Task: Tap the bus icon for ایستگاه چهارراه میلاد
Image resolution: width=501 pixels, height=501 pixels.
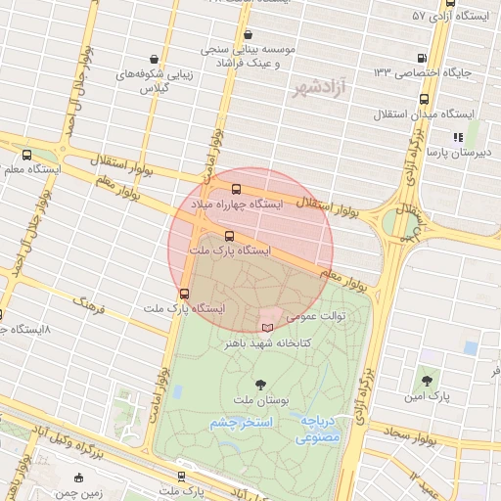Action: tap(236, 189)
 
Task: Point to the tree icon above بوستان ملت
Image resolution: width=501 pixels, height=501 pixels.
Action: tap(260, 385)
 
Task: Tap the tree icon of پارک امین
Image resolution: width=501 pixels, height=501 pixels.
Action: tap(427, 380)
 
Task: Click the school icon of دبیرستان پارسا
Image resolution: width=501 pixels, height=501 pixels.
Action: tap(457, 138)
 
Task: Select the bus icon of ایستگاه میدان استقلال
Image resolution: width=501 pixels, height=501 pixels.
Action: tap(425, 99)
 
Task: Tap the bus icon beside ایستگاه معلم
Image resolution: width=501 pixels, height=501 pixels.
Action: tap(25, 155)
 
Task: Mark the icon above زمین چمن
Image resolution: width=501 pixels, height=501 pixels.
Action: tap(79, 478)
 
